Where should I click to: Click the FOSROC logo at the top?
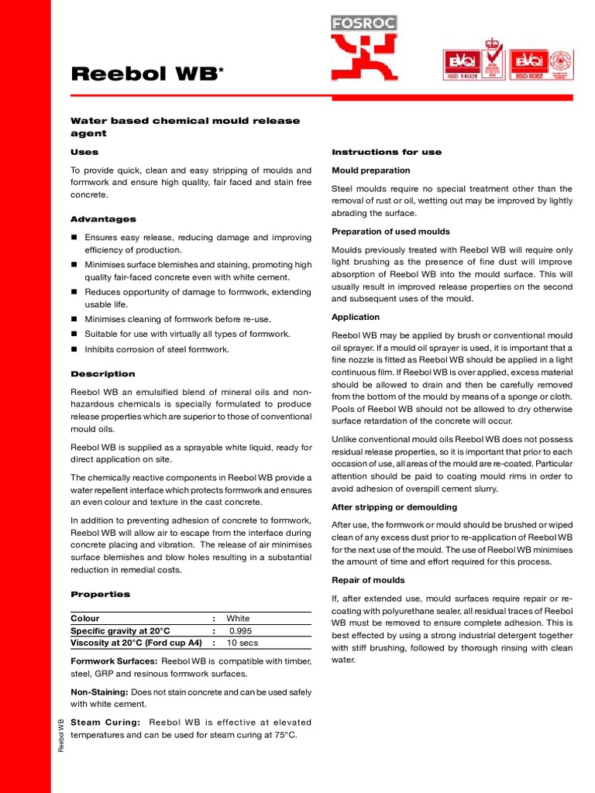point(363,48)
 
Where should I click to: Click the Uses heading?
point(84,153)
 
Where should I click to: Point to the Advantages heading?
point(103,219)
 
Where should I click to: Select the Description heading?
point(103,374)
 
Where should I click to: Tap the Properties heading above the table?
point(101,594)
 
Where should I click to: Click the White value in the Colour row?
point(238,619)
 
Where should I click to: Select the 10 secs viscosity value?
point(242,643)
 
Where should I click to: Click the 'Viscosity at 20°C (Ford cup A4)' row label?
point(136,643)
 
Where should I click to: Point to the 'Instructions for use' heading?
point(387,153)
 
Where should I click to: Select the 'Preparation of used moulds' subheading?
point(390,232)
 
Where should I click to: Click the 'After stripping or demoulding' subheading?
point(394,507)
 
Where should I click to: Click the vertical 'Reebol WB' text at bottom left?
point(62,734)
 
